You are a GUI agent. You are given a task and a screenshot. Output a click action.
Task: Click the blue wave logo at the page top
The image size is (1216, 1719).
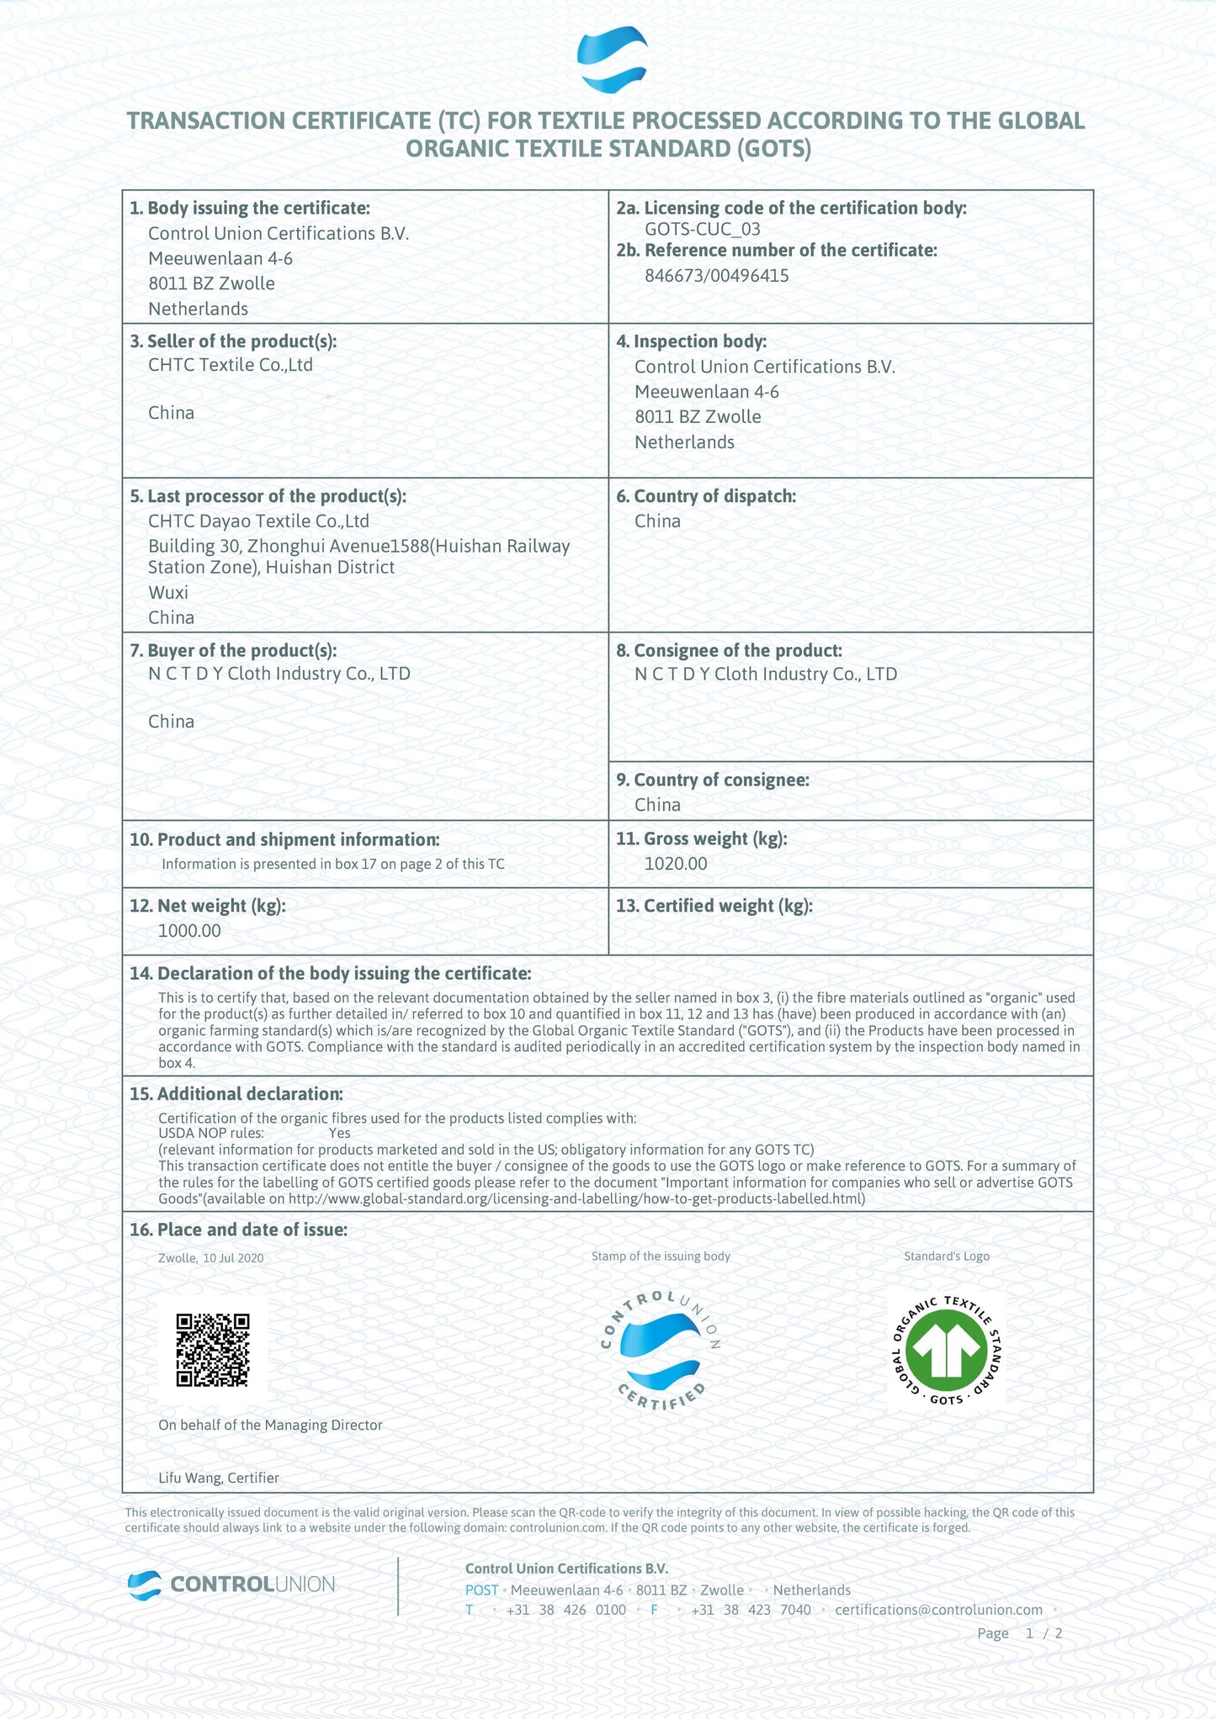[612, 60]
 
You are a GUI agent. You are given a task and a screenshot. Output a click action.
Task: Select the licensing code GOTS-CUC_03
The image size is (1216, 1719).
[702, 229]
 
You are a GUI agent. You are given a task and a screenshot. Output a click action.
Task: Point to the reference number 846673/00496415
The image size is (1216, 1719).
[716, 276]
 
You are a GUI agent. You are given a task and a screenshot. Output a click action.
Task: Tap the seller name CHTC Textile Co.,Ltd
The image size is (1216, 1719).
[230, 365]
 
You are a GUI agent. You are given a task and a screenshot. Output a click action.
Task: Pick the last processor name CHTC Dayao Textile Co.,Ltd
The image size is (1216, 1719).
[258, 521]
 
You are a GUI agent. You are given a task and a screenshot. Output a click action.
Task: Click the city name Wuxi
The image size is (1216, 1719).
[168, 593]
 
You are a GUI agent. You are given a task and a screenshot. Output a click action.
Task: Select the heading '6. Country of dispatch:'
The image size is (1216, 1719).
[706, 496]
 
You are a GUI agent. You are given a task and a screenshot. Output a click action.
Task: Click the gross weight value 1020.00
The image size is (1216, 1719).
[675, 864]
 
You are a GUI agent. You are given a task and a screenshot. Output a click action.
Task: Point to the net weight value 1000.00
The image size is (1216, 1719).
[189, 931]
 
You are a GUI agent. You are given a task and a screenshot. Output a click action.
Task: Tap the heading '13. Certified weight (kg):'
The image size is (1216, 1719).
[714, 906]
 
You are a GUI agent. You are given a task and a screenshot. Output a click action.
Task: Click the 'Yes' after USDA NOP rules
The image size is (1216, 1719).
[340, 1134]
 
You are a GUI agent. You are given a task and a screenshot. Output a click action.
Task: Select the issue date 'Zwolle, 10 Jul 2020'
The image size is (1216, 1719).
[210, 1258]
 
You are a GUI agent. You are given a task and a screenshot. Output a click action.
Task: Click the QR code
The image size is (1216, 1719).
[213, 1350]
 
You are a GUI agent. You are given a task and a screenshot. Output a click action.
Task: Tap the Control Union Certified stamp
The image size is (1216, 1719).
[661, 1351]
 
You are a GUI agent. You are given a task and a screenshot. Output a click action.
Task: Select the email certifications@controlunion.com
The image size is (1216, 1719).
[938, 1610]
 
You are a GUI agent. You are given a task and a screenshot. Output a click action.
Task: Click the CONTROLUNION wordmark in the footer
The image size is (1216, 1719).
[252, 1584]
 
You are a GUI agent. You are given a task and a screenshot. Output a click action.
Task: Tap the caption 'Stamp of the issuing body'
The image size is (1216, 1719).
[661, 1256]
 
